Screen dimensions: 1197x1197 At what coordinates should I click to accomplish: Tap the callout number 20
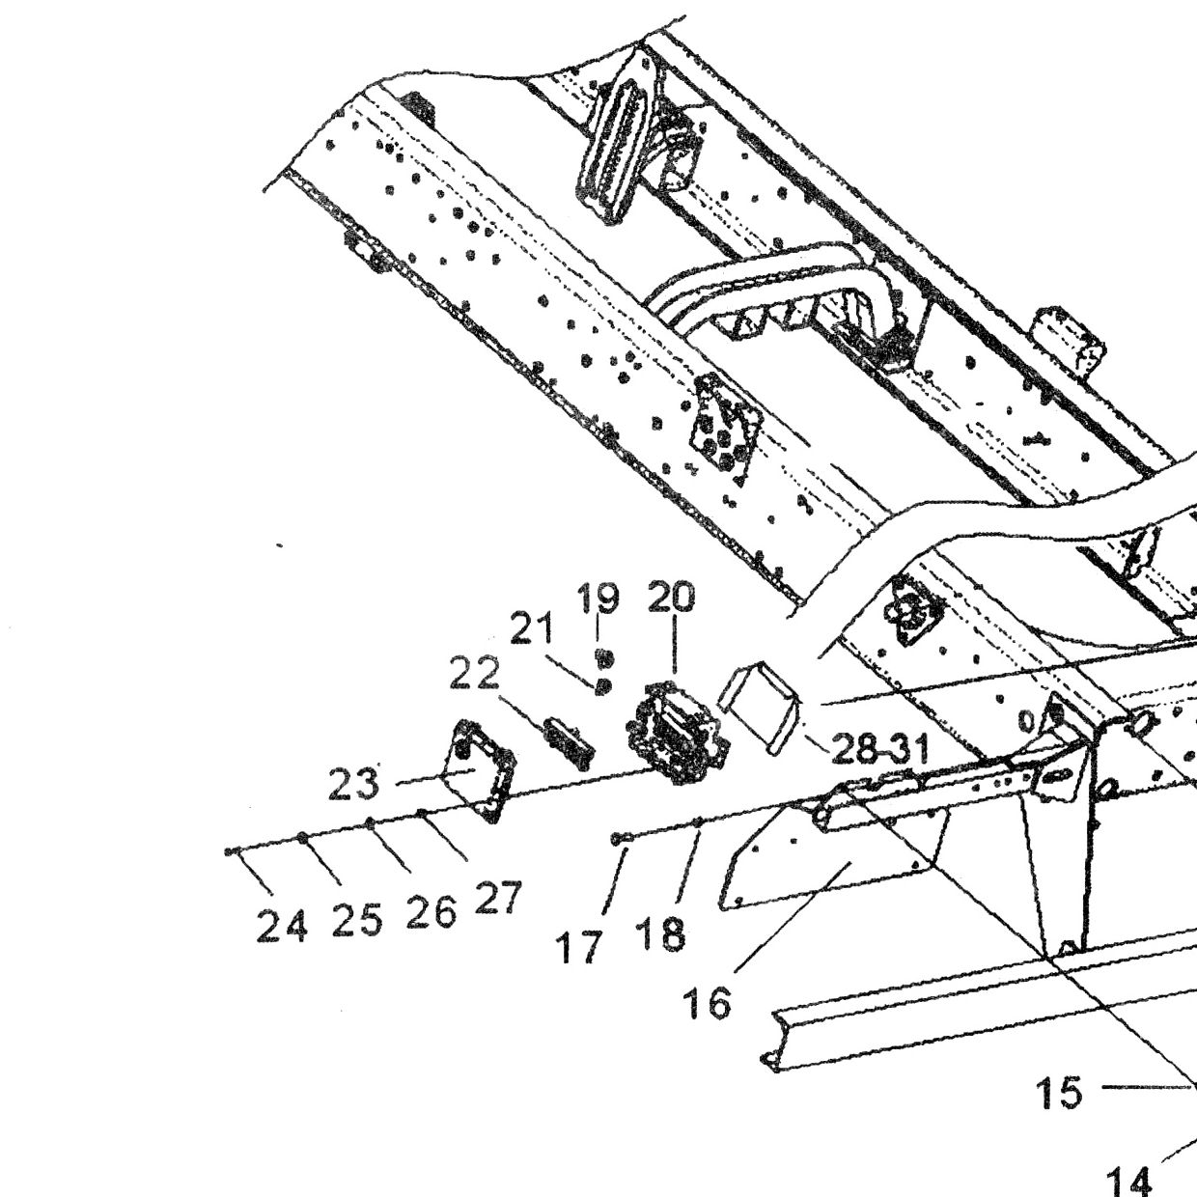pyautogui.click(x=672, y=598)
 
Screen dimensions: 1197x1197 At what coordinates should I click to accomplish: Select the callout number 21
pyautogui.click(x=531, y=628)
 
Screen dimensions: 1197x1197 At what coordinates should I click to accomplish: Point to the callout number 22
pyautogui.click(x=474, y=675)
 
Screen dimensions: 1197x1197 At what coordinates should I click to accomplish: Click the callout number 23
pyautogui.click(x=353, y=784)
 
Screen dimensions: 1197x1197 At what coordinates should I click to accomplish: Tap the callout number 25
pyautogui.click(x=356, y=920)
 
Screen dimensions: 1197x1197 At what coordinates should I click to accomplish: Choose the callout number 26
pyautogui.click(x=431, y=912)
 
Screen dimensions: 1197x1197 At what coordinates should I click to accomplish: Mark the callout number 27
pyautogui.click(x=497, y=898)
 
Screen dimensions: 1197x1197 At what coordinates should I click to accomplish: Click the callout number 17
pyautogui.click(x=580, y=947)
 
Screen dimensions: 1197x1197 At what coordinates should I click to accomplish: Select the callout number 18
pyautogui.click(x=660, y=933)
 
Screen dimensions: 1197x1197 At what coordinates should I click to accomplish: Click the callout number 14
pyautogui.click(x=1128, y=1180)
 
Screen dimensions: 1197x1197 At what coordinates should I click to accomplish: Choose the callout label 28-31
pyautogui.click(x=879, y=748)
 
